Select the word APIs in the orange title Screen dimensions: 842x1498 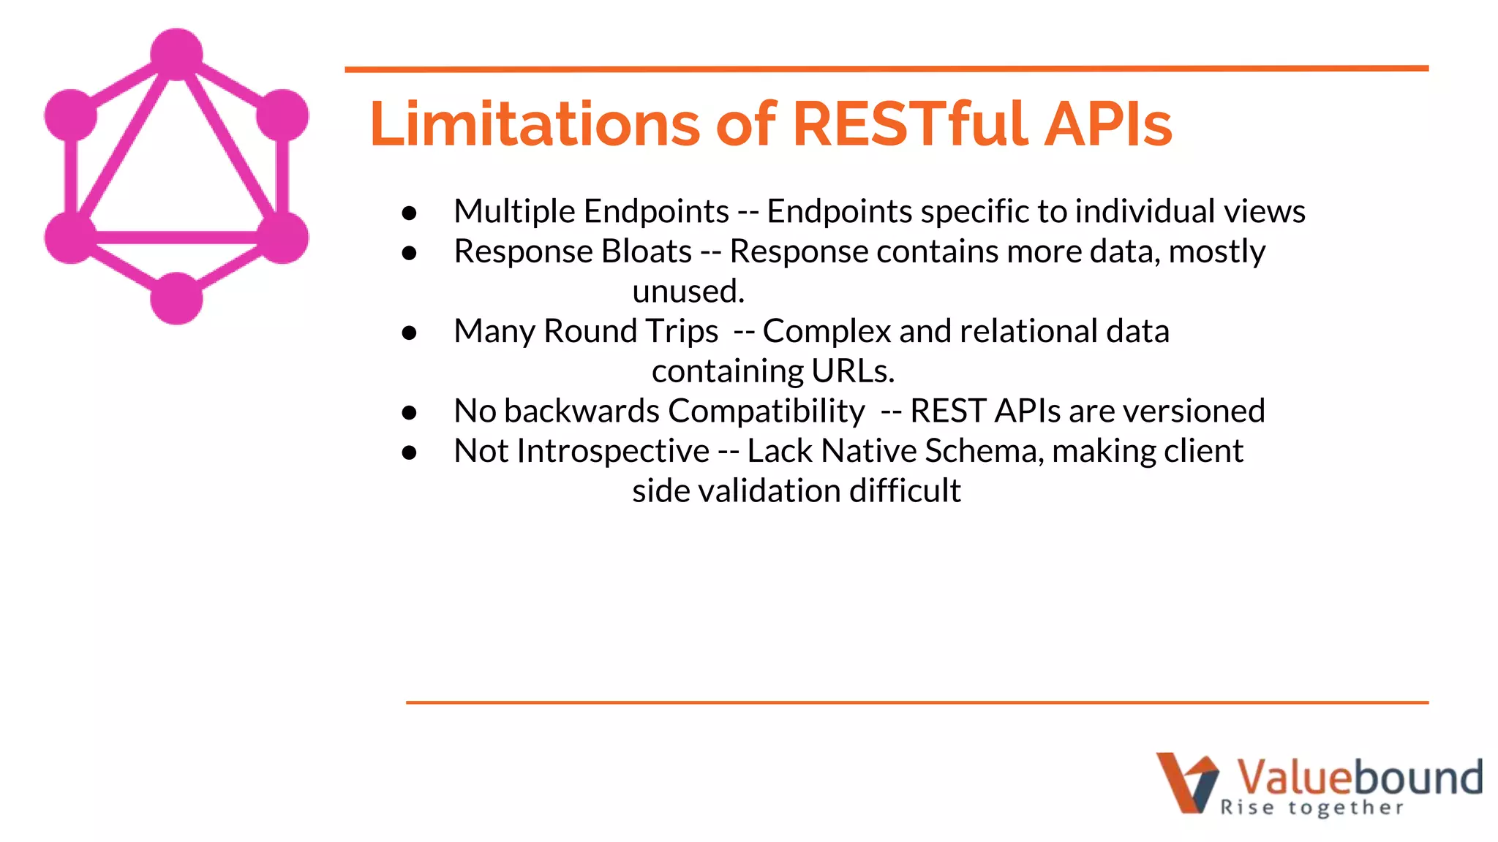coord(1107,124)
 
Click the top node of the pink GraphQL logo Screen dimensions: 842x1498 coord(176,54)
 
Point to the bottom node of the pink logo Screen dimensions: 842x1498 coord(176,298)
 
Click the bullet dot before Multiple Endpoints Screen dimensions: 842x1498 coord(410,213)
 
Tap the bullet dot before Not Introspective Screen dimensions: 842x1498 coord(410,453)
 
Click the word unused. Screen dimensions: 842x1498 coord(688,292)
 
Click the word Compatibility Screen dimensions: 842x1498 coord(766,411)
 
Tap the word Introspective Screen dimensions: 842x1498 coord(613,451)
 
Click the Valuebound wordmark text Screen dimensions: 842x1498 coord(1359,778)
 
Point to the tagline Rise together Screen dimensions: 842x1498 coord(1312,808)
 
